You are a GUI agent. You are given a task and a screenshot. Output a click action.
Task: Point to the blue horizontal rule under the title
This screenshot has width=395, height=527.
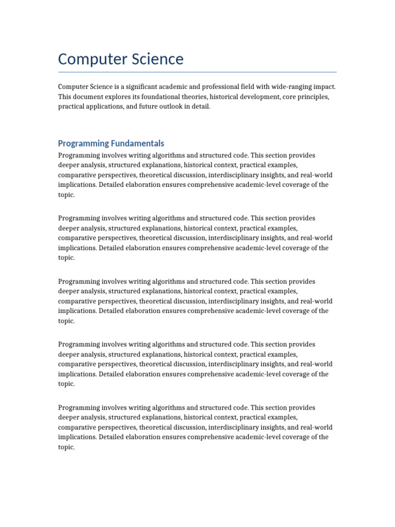[197, 72]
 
